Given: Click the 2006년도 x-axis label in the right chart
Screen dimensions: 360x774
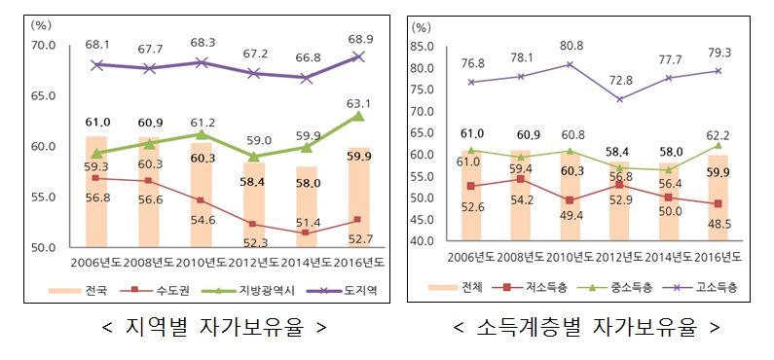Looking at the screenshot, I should [x=472, y=257].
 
